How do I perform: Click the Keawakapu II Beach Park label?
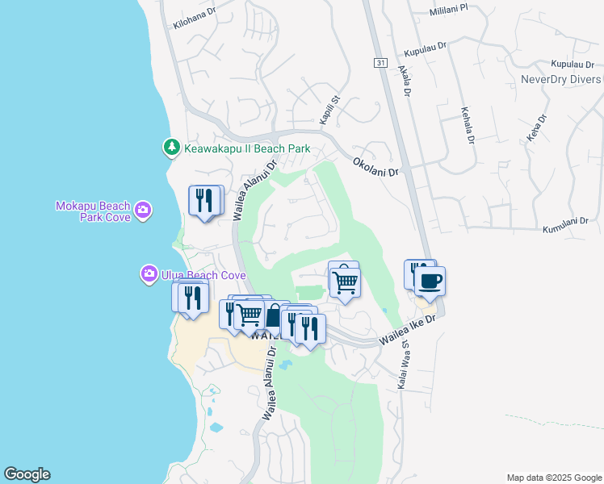click(x=248, y=148)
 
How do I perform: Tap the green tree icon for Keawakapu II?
click(x=171, y=148)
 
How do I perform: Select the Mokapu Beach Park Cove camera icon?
click(x=143, y=211)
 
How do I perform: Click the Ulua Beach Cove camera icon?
click(x=149, y=274)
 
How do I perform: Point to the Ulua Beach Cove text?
click(x=194, y=275)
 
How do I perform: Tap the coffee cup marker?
click(x=429, y=282)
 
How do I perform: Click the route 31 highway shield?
click(x=380, y=62)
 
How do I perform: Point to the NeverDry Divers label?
click(x=560, y=79)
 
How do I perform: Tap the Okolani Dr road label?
click(x=376, y=167)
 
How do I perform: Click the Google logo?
click(x=27, y=474)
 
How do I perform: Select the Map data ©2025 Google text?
click(x=553, y=478)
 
